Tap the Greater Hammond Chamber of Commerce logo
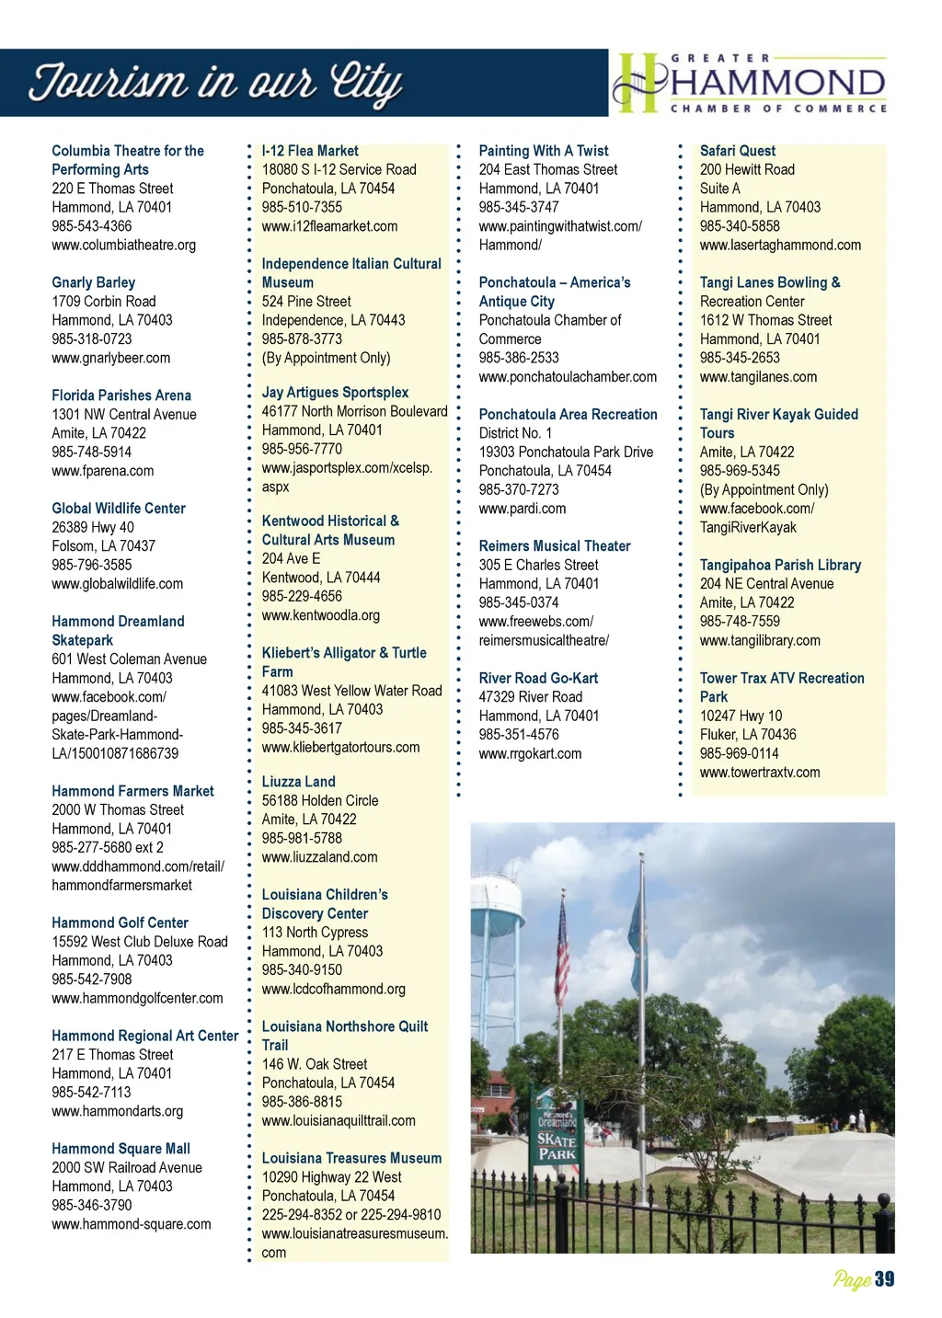click(751, 83)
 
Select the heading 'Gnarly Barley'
click(93, 282)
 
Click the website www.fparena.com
click(103, 471)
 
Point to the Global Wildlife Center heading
click(119, 509)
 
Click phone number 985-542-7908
click(92, 980)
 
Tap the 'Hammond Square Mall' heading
click(121, 1149)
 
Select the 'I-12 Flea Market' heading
click(310, 151)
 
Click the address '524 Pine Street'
click(306, 302)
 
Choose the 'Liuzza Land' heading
click(298, 782)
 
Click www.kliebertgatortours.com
click(340, 748)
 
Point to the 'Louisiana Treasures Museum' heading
click(351, 1159)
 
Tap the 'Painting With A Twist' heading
click(544, 151)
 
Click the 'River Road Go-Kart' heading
click(538, 678)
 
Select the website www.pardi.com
click(523, 509)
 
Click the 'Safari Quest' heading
click(738, 151)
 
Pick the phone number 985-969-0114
click(740, 753)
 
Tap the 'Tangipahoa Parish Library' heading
click(780, 565)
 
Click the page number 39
click(884, 1279)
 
